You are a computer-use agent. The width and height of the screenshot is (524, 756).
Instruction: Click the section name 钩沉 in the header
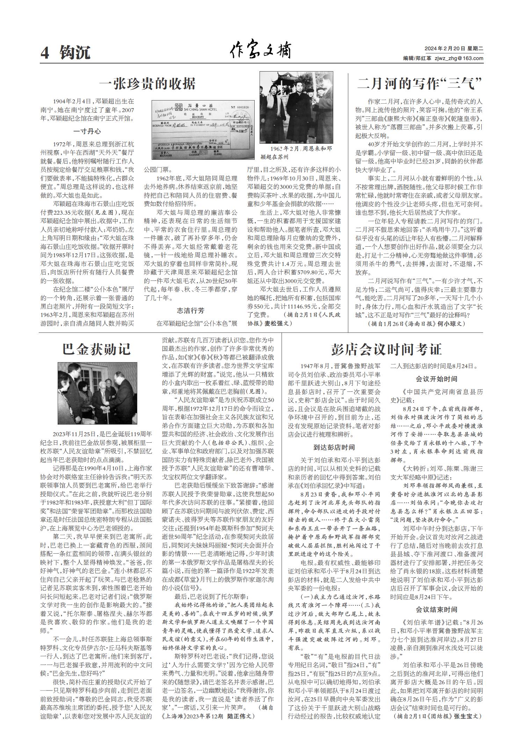[75, 53]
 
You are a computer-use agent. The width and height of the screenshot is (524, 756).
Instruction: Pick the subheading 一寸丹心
[87, 131]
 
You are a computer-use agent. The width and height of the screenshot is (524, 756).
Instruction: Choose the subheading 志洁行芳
[190, 310]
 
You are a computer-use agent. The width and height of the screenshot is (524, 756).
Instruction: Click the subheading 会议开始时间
[436, 379]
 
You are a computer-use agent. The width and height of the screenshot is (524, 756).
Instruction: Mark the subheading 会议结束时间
[436, 610]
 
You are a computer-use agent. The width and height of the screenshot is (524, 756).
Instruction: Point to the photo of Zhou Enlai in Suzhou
[296, 107]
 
